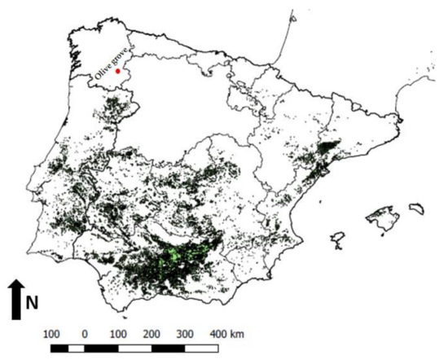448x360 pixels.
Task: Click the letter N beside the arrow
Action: click(33, 303)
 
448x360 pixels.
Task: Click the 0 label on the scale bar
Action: click(85, 334)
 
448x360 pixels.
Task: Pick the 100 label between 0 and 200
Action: click(118, 334)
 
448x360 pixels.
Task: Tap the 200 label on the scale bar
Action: click(151, 334)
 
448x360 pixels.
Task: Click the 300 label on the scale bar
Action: click(184, 334)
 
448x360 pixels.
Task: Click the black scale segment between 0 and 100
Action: click(101, 348)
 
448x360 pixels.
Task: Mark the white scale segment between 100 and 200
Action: click(134, 348)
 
